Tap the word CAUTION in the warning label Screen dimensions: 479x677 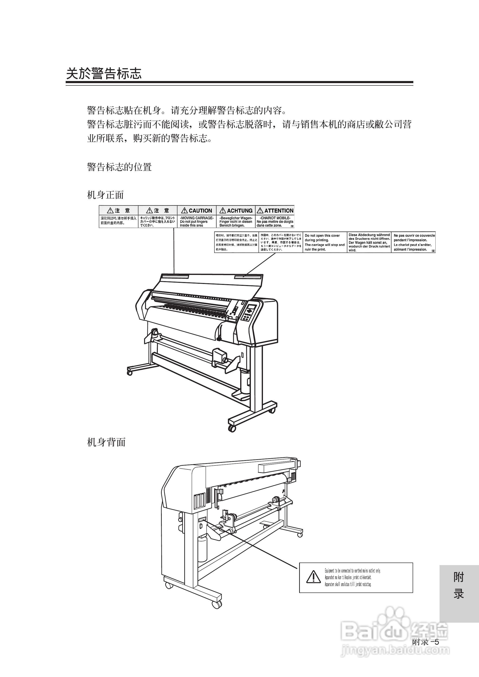tap(200, 211)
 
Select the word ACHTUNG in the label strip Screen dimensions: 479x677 tap(240, 211)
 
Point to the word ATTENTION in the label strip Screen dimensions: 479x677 tap(279, 211)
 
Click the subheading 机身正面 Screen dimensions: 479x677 tap(106, 195)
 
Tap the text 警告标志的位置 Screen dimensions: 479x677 tap(120, 167)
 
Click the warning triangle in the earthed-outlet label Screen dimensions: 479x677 tap(314, 577)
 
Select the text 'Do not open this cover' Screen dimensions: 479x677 tap(322, 235)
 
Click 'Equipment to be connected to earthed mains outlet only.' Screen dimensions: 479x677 tap(353, 571)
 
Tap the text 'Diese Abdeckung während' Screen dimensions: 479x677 tap(369, 235)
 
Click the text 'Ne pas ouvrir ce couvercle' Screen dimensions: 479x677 tap(414, 235)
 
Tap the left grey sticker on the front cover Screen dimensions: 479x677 tap(175, 277)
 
